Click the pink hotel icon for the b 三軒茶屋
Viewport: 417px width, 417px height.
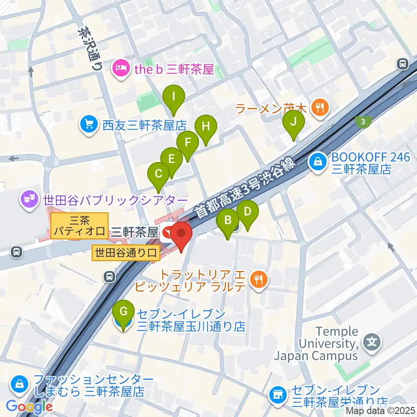tap(120, 68)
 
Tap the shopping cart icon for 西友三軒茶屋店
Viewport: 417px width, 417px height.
tap(89, 126)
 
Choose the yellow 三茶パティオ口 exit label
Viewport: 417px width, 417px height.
tap(79, 225)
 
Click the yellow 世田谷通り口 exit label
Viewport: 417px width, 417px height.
tap(126, 252)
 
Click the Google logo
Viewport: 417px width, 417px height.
tap(29, 406)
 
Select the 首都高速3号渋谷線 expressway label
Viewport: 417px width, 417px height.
tap(245, 189)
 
